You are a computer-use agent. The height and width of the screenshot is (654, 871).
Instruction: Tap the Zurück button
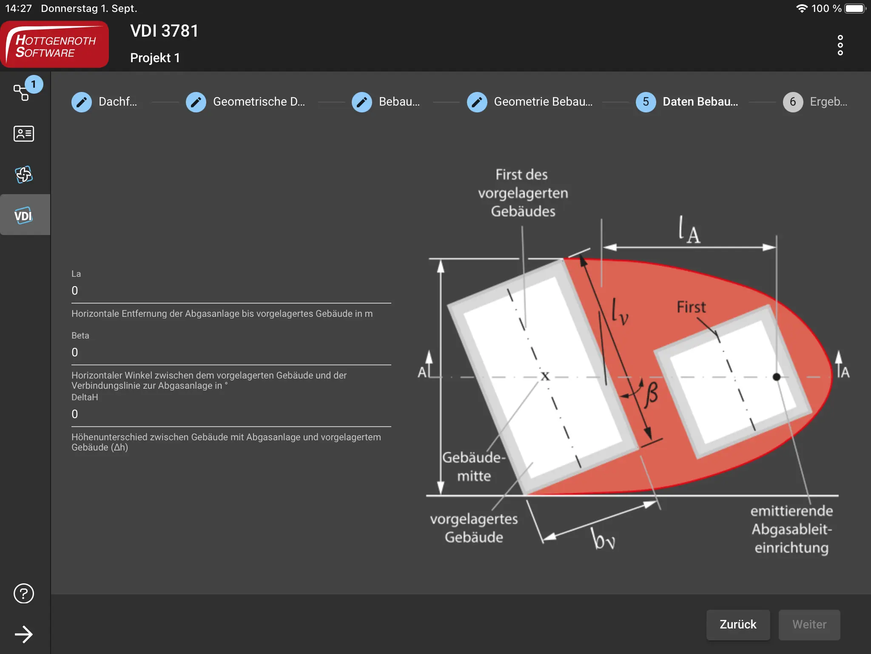[738, 625]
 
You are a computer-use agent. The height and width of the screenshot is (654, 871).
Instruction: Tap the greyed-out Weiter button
[809, 625]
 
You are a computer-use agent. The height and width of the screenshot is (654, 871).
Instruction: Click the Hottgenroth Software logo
[55, 45]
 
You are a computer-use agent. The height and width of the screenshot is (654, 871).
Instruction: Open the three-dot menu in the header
[840, 45]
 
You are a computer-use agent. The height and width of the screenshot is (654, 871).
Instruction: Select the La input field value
[75, 291]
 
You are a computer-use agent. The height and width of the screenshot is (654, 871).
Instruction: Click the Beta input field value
[75, 353]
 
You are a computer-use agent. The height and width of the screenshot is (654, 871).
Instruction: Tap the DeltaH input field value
[75, 414]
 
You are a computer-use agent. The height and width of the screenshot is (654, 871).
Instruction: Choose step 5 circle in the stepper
[646, 102]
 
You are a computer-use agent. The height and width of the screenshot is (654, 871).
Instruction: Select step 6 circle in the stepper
[793, 102]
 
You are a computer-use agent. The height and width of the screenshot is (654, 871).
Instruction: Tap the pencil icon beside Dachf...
[82, 102]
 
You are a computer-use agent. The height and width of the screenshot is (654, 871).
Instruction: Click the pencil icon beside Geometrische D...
[196, 102]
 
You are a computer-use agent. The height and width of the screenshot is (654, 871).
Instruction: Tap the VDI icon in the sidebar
[24, 215]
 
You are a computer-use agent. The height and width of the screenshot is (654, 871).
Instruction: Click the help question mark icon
[24, 594]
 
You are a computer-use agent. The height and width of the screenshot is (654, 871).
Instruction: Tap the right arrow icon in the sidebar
[24, 634]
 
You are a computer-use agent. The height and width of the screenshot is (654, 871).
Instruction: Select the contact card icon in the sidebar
[24, 134]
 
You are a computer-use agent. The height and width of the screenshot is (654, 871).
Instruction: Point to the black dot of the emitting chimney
[777, 377]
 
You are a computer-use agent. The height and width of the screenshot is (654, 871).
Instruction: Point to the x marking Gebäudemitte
[545, 376]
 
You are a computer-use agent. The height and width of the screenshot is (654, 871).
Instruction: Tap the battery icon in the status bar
[855, 9]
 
